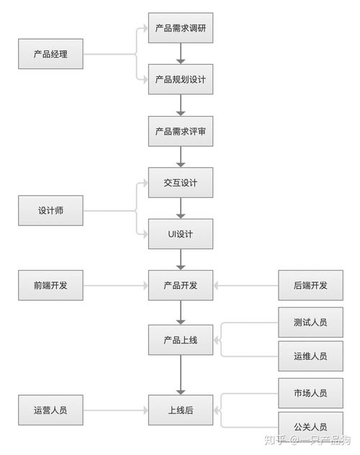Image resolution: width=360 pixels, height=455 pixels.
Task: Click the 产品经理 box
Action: [50, 54]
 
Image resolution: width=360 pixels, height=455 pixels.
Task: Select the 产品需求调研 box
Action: [180, 28]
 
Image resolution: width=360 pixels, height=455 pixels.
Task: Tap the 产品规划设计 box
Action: [180, 79]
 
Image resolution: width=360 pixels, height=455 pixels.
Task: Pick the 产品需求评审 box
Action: [180, 132]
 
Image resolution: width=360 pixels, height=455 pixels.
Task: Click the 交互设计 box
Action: [180, 183]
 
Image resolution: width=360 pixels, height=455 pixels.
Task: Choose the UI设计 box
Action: [180, 234]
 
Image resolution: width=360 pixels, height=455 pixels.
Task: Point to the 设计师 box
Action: [50, 211]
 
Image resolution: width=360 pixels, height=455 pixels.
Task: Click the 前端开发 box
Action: [50, 285]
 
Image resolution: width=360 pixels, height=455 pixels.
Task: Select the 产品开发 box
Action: [180, 285]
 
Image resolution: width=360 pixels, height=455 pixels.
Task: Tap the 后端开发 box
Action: [310, 285]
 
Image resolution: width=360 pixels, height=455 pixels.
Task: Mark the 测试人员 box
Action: [310, 322]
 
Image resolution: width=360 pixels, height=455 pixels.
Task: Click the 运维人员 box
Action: [310, 356]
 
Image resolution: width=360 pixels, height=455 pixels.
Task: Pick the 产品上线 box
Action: [180, 339]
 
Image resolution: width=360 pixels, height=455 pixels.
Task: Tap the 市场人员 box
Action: [310, 392]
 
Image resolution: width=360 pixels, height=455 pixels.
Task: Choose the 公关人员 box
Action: [310, 425]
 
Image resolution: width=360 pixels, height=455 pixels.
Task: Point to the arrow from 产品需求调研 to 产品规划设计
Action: [180, 54]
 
